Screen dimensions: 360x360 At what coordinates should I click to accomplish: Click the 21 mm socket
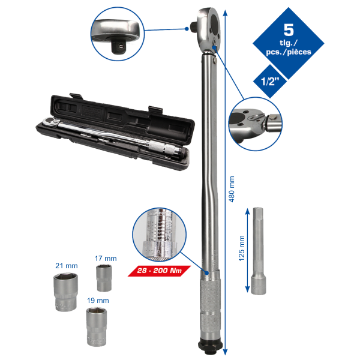(x=65, y=292)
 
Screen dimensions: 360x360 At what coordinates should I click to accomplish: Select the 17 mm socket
(x=104, y=278)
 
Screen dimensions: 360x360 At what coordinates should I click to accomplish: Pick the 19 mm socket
(x=97, y=327)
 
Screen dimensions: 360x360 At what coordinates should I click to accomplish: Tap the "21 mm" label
(x=67, y=266)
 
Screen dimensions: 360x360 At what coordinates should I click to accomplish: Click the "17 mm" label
(x=106, y=259)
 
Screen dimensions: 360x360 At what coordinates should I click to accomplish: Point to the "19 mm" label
(x=98, y=301)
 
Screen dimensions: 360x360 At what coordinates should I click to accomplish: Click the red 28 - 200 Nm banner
(x=159, y=271)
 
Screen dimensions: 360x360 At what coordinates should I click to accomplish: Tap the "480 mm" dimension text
(x=232, y=189)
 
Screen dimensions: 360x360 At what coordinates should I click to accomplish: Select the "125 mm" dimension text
(x=241, y=248)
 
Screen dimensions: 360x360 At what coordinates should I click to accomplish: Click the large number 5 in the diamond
(x=289, y=29)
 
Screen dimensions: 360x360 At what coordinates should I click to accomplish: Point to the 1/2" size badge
(x=270, y=81)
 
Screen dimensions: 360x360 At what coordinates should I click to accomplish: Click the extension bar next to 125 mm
(x=259, y=251)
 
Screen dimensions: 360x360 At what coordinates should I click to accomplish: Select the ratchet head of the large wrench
(x=208, y=29)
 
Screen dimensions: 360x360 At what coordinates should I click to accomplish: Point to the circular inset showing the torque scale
(x=160, y=235)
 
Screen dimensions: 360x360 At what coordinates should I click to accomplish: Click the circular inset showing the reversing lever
(x=256, y=124)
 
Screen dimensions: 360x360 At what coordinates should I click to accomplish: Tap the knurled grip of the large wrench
(x=210, y=303)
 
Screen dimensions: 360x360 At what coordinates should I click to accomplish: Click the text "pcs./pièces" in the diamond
(x=289, y=52)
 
